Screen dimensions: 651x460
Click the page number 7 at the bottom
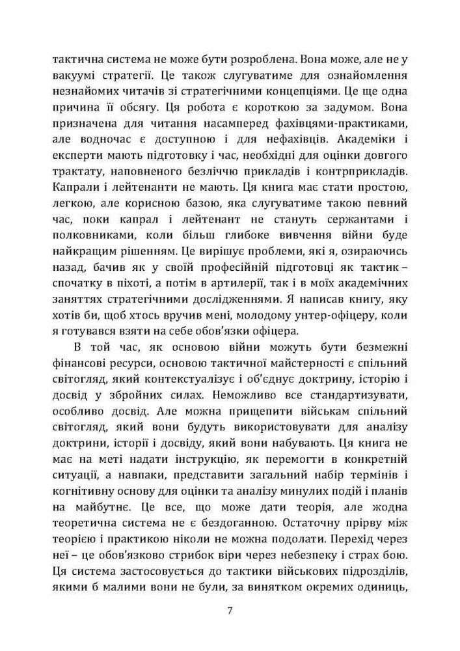(x=230, y=611)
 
